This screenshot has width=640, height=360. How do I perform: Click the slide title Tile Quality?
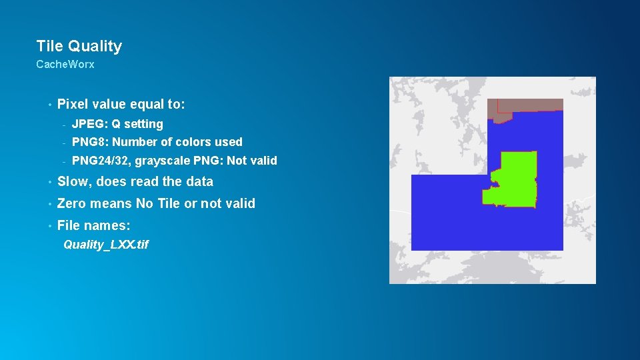click(79, 46)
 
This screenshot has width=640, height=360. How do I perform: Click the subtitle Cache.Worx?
click(65, 65)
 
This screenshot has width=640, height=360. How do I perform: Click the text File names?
click(93, 225)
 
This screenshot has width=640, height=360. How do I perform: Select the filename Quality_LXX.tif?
click(106, 245)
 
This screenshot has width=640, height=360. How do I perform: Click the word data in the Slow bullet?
click(199, 181)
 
